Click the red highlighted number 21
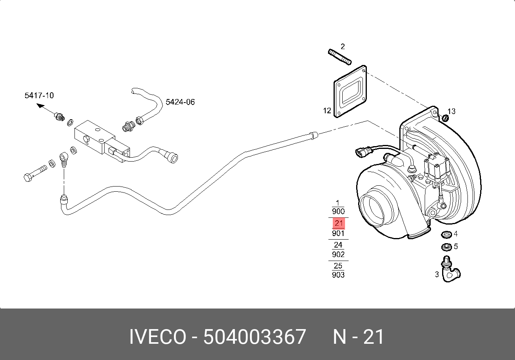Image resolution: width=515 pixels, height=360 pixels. (338, 223)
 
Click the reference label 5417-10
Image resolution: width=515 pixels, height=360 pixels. (39, 95)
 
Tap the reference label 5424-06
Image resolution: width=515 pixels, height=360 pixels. (180, 102)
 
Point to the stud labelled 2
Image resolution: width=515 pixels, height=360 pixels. (340, 57)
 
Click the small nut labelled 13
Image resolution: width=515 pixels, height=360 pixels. (445, 118)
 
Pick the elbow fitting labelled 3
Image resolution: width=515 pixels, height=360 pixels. (450, 271)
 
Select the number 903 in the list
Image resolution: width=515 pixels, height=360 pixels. (338, 275)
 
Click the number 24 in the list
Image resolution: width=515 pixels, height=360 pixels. (338, 245)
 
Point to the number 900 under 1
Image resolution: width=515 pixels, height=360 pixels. (338, 211)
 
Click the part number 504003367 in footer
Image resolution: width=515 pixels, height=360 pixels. (254, 337)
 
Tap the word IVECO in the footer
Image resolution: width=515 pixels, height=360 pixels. (157, 337)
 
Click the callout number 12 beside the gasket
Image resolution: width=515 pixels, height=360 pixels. (327, 111)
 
